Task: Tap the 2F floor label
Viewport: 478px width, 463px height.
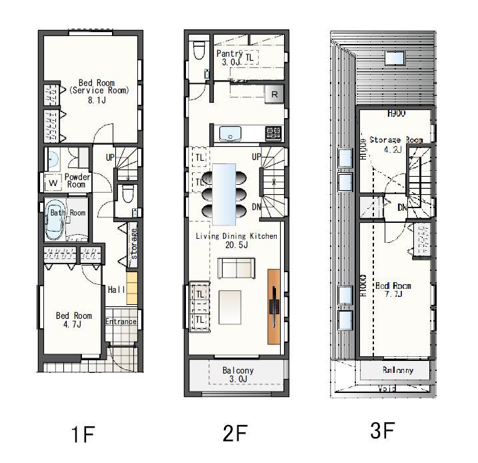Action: coord(235,434)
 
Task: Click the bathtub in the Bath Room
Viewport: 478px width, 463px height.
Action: coord(55,221)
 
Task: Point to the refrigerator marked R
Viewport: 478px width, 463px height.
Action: coord(273,95)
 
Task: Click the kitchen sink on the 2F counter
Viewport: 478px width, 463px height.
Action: coord(231,133)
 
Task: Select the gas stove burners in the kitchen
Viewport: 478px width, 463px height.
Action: coord(274,133)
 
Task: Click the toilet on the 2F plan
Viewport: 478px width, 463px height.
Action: coord(198,50)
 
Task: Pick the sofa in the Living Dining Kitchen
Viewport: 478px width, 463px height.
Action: coord(235,269)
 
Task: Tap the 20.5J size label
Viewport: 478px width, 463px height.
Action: coord(236,245)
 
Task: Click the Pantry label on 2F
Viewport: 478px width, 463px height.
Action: coord(229,53)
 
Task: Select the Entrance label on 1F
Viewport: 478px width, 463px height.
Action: coord(121,322)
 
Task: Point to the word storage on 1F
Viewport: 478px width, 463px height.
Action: coord(133,244)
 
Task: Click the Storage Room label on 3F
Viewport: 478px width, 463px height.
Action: coord(396,140)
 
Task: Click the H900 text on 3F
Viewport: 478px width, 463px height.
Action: coord(396,114)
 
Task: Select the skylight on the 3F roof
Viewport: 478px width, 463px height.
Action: coord(393,57)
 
